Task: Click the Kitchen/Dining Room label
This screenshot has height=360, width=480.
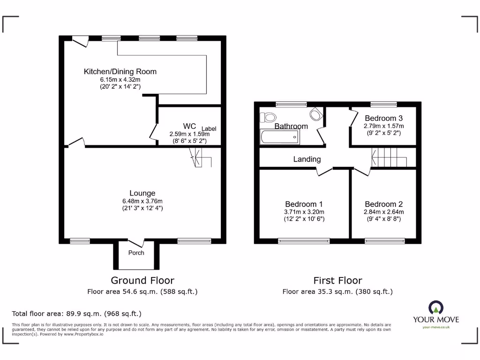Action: pyautogui.click(x=120, y=72)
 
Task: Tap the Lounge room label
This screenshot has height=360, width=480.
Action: pyautogui.click(x=142, y=193)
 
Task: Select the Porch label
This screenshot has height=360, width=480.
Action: pyautogui.click(x=136, y=253)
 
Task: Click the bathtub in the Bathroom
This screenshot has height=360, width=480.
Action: pyautogui.click(x=279, y=137)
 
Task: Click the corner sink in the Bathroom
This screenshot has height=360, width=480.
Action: pyautogui.click(x=316, y=114)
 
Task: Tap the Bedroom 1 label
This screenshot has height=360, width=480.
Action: pyautogui.click(x=304, y=204)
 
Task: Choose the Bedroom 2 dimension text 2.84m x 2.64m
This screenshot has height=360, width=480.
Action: pyautogui.click(x=384, y=212)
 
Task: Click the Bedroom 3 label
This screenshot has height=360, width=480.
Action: pyautogui.click(x=384, y=118)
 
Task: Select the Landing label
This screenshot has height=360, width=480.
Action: pyautogui.click(x=307, y=159)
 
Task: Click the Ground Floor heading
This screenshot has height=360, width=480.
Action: pyautogui.click(x=142, y=280)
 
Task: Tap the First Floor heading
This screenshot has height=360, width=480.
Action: pyautogui.click(x=337, y=280)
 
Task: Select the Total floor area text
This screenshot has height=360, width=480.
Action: pyautogui.click(x=76, y=314)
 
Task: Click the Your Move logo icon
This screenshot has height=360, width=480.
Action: pyautogui.click(x=435, y=307)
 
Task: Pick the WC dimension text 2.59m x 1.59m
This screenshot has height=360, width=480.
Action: pyautogui.click(x=189, y=134)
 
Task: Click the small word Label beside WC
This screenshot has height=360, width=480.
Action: pyautogui.click(x=209, y=128)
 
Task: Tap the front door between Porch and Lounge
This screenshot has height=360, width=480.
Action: pyautogui.click(x=136, y=242)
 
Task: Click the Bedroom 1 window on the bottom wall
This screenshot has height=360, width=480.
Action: pyautogui.click(x=304, y=241)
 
